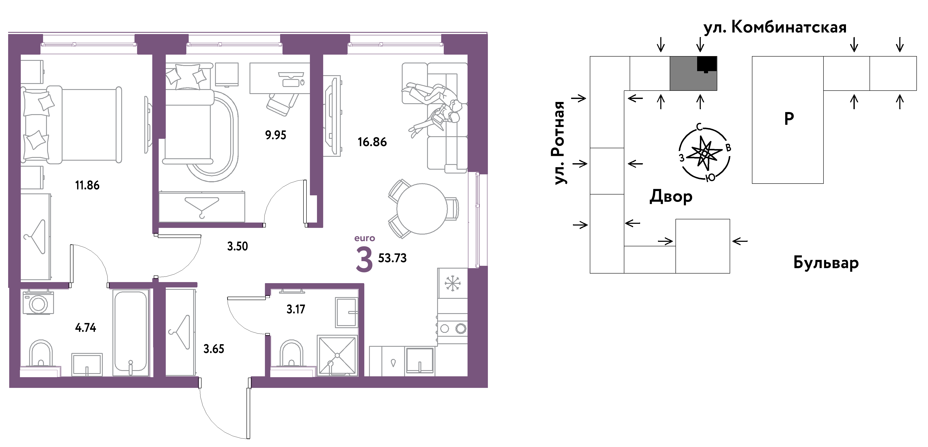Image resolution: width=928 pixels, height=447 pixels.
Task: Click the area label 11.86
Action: click(87, 185)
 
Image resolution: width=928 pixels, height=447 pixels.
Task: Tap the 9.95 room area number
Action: click(276, 135)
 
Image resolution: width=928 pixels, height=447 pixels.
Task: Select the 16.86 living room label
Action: click(372, 142)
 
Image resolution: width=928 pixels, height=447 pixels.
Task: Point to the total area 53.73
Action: click(392, 258)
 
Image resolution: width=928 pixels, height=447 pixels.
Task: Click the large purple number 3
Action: click(364, 260)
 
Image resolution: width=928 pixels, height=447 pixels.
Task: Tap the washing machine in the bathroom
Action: click(38, 303)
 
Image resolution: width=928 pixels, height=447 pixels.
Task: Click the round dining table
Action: click(422, 209)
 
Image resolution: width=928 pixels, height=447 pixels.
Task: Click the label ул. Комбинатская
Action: click(775, 27)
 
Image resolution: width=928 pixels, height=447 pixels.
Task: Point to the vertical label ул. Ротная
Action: click(559, 143)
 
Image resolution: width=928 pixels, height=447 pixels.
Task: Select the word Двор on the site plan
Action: click(671, 197)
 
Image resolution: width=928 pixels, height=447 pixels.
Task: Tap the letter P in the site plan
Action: click(789, 118)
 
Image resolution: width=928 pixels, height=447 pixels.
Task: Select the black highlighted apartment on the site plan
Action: click(707, 64)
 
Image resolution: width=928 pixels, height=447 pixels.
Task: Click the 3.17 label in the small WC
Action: click(296, 309)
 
